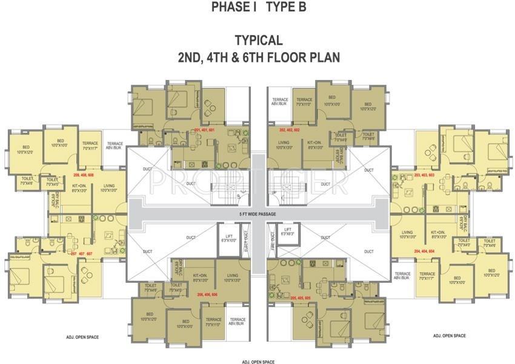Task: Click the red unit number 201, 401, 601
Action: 204,130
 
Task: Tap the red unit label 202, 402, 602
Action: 290,130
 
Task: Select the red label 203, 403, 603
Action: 425,176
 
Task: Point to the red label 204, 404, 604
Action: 425,250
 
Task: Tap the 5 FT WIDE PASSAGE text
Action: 257,214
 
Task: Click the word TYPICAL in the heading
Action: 259,41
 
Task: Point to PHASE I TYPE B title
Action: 259,7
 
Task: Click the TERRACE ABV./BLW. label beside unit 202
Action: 280,101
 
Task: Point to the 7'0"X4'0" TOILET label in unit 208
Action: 52,181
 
